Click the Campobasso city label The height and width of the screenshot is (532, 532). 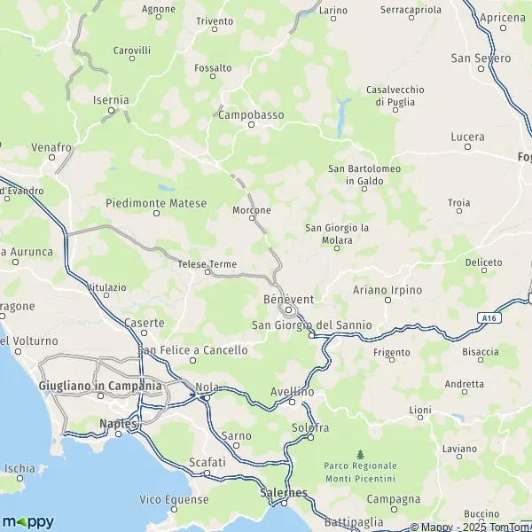coord(251,114)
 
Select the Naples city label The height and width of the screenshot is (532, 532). coord(119,424)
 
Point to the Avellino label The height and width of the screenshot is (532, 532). coord(293,391)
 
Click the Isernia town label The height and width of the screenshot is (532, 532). coord(111,100)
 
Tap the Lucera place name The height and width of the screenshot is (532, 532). coord(467,137)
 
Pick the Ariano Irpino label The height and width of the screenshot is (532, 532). coord(387,290)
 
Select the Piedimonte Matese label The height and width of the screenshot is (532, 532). coord(156,203)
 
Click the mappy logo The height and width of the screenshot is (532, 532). coord(27,520)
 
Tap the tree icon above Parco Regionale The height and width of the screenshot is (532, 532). coord(360,456)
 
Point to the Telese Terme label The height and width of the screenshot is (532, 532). coord(207,263)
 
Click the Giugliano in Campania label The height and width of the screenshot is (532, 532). coord(100,386)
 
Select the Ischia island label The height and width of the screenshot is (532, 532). coord(20,468)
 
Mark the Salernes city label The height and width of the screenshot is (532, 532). coord(284,493)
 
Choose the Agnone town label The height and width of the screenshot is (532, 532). coord(158,9)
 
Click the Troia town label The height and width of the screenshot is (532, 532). coord(459,203)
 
